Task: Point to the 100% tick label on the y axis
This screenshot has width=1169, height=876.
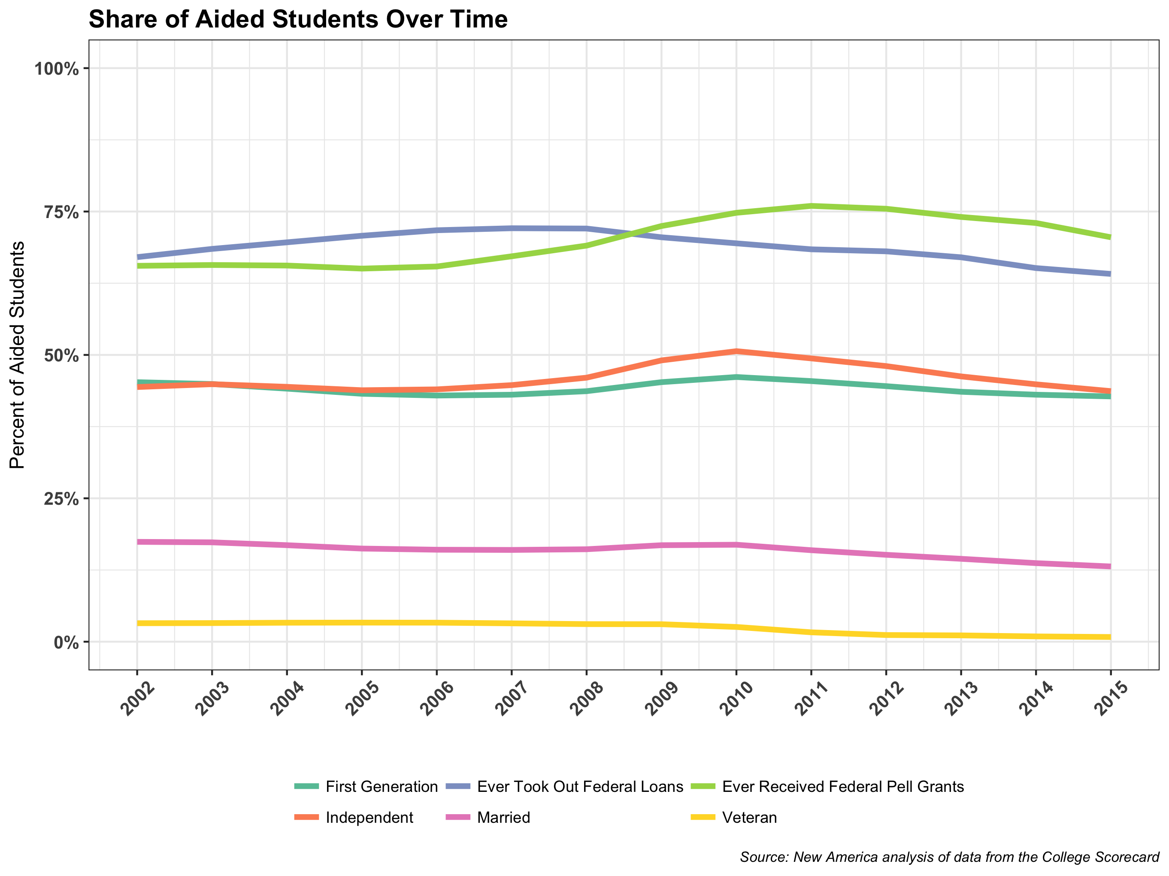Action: point(57,69)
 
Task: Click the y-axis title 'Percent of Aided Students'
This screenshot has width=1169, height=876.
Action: point(18,355)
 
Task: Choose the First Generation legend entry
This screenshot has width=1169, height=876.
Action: point(381,787)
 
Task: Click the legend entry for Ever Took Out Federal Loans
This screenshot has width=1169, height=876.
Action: point(580,787)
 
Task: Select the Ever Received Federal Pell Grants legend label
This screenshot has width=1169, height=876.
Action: point(842,787)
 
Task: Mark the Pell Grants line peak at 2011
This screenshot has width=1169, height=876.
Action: point(811,206)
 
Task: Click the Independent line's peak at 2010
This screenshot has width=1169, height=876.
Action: point(736,351)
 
